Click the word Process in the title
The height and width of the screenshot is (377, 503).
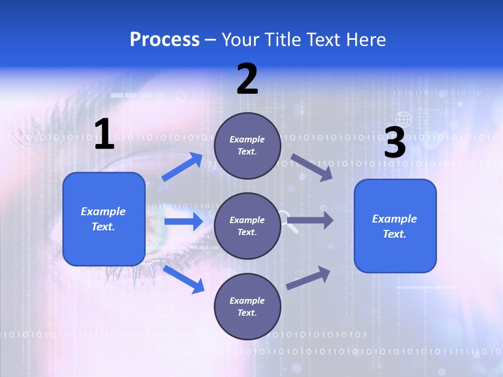165,40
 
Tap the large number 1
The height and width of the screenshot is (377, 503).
104,135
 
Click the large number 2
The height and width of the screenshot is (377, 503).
247,79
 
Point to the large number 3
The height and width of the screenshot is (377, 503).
395,142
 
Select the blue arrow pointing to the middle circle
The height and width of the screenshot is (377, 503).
183,221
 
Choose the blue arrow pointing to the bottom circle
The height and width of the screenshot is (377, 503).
183,279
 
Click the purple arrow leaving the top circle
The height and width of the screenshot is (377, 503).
311,167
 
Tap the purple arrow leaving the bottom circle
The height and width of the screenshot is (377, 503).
308,278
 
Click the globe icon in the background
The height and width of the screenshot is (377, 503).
404,119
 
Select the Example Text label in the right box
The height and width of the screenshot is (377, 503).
395,226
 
